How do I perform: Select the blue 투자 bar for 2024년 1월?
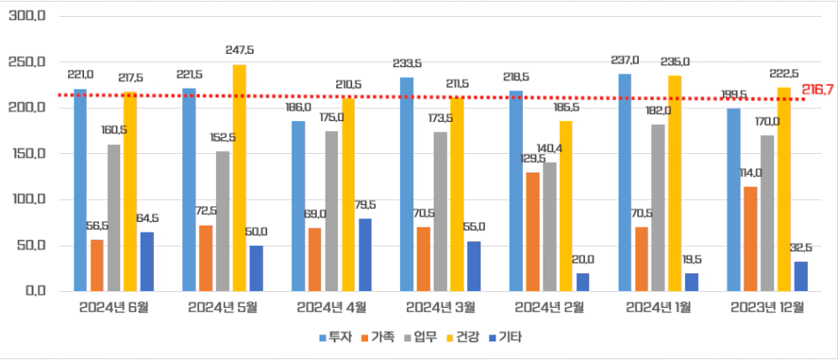pos(625,182)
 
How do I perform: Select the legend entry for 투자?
pos(335,337)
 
